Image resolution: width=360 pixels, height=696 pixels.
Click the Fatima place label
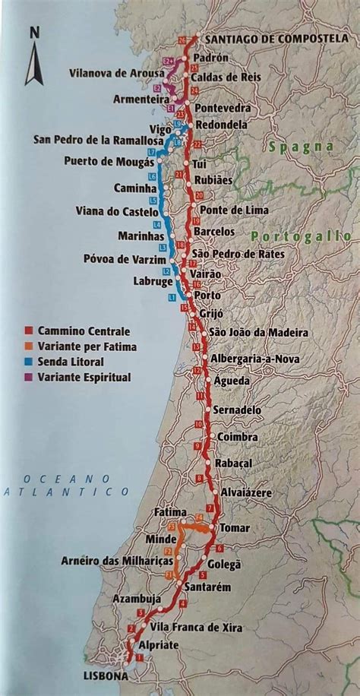170,512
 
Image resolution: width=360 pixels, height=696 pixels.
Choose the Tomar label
235,527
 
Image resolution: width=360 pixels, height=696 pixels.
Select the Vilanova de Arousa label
115,72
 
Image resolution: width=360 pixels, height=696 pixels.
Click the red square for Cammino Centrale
27,331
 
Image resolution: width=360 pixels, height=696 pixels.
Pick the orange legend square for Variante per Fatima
27,346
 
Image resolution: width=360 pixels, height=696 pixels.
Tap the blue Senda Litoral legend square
27,362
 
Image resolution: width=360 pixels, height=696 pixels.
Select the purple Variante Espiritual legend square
27,377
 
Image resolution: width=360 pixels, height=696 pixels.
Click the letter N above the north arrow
34,33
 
